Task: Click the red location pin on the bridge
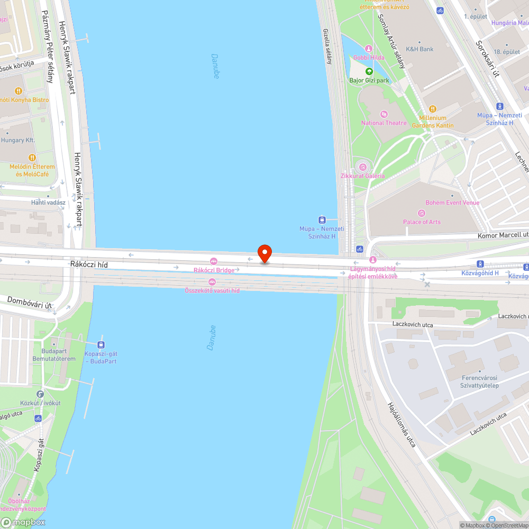point(264,253)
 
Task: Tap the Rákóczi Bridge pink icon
point(214,261)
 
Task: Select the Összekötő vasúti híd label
point(212,290)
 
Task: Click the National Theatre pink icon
point(384,114)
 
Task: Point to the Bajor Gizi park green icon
point(369,71)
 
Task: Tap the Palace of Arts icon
point(422,213)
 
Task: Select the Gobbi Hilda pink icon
point(369,49)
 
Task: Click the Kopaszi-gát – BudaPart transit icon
point(101,345)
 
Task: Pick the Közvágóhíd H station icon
point(480,263)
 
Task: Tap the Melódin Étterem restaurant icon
point(32,157)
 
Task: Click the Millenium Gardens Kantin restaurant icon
point(432,109)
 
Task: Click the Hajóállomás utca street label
point(401,424)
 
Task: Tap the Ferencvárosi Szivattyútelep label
point(480,381)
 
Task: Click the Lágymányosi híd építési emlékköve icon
point(373,260)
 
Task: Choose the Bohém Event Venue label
point(452,203)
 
